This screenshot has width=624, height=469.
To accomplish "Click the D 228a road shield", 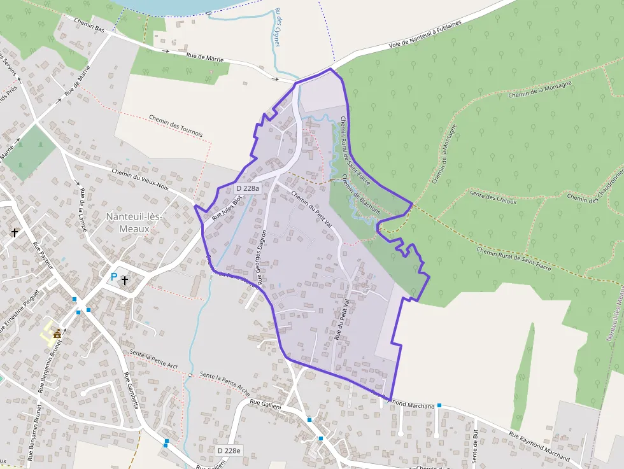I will pos(248,188).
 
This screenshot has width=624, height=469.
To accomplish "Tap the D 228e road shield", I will pos(229,451).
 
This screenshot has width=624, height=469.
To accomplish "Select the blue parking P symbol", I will pos(114,277).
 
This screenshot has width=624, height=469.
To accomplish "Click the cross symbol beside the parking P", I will pos(125,279).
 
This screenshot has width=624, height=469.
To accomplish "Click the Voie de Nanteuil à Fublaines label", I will pos(425,36).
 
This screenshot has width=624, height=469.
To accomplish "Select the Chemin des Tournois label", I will pos(175,126).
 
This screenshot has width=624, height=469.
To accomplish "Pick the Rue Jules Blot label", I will pos(227,207).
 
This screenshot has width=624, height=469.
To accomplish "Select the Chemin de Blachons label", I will pos(360,195).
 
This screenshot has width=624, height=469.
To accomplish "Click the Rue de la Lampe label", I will pos(81,209).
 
